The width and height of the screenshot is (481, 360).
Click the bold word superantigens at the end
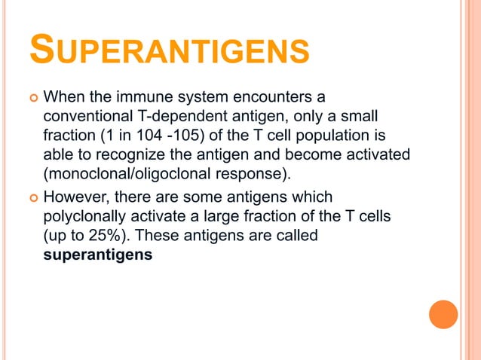98,255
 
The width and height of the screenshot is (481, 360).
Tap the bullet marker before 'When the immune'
32,98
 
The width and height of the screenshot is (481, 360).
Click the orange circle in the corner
443,314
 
